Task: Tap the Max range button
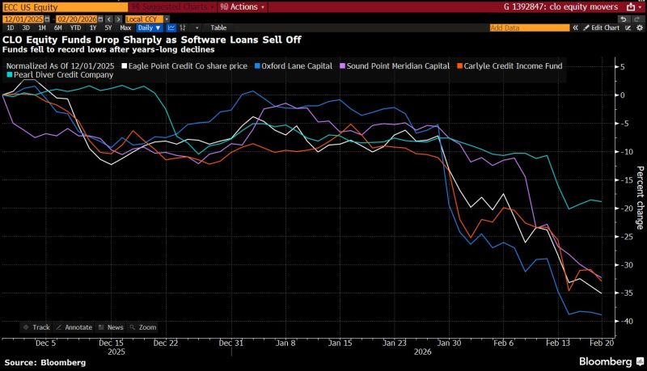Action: click(125, 27)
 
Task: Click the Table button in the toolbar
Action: click(218, 27)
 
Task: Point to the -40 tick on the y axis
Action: click(621, 321)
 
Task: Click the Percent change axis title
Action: click(640, 198)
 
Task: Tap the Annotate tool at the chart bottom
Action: click(76, 327)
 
